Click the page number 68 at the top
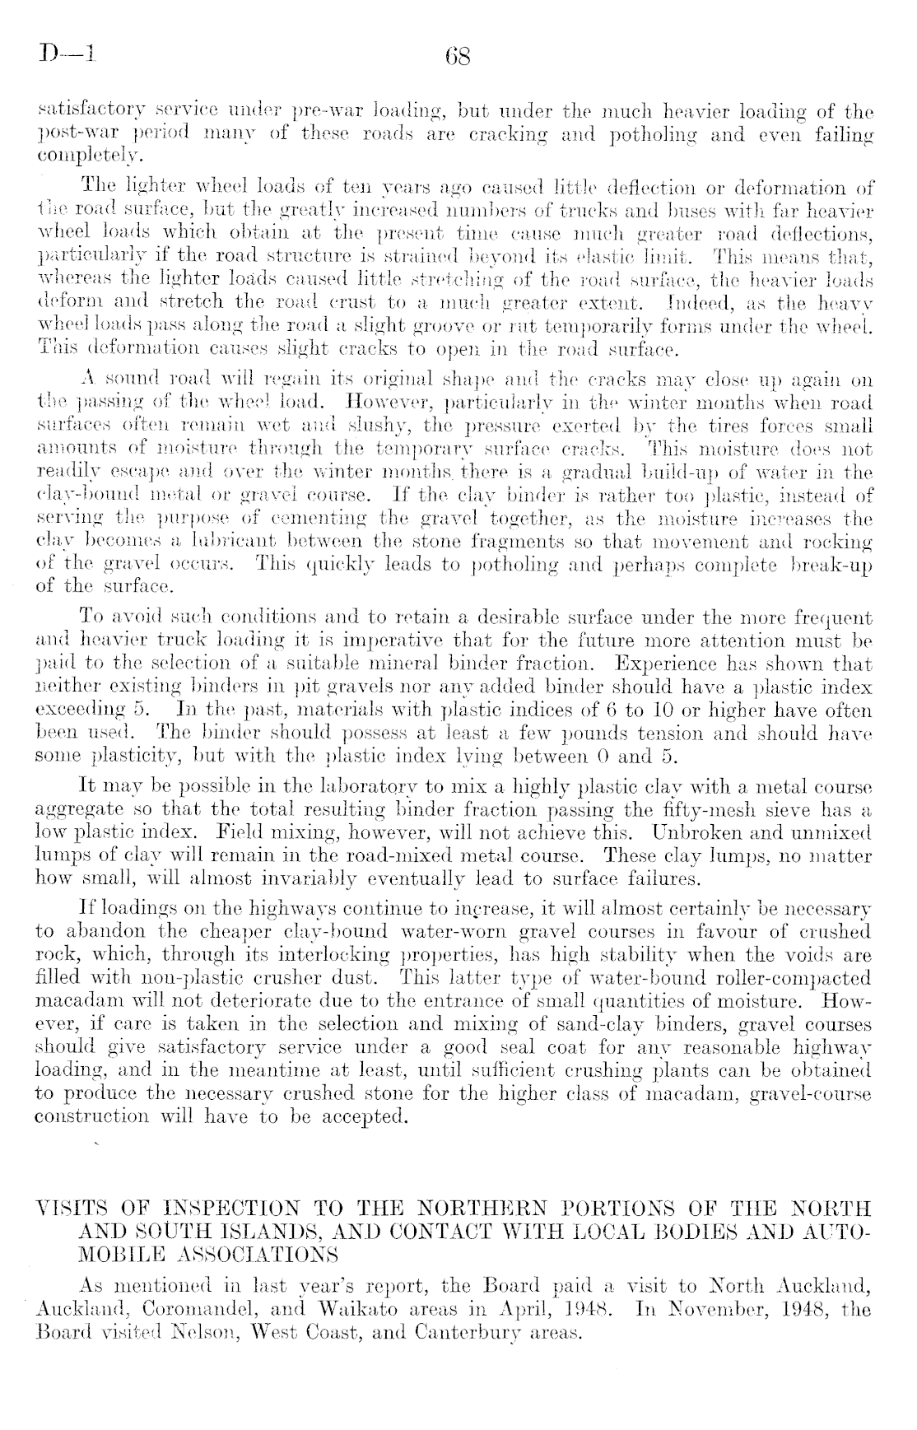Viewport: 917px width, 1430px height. tap(457, 58)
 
